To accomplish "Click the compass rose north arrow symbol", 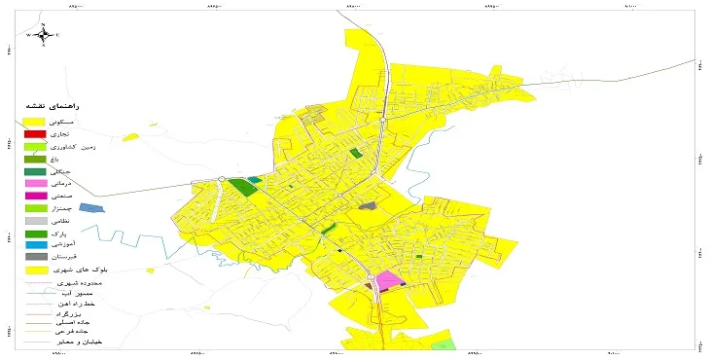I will [44, 34].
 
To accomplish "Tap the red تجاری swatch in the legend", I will [35, 133].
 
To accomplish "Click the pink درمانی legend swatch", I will [35, 182].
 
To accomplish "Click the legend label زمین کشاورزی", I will [83, 145].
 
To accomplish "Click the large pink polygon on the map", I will [390, 281].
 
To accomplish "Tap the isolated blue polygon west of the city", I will [89, 207].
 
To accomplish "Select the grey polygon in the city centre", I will [367, 205].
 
